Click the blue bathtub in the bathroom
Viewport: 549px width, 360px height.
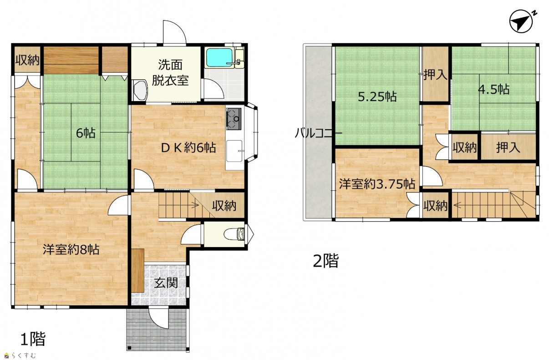coord(219,57)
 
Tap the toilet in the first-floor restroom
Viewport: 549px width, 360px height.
coord(234,234)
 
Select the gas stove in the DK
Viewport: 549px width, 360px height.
coord(234,119)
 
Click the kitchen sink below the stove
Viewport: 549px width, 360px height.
coord(234,151)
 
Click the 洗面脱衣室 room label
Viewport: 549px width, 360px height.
coord(170,72)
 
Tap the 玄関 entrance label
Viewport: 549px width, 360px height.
coord(166,283)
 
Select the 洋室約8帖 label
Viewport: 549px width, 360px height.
coord(71,249)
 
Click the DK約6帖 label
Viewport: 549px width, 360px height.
coord(188,147)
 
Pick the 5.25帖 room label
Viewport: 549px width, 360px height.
coord(377,97)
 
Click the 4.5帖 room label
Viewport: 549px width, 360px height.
coord(494,90)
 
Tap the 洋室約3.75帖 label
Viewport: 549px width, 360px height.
coord(377,184)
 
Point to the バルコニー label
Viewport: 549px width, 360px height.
coord(318,133)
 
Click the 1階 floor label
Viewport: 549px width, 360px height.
coord(33,339)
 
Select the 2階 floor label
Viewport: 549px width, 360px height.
coord(326,260)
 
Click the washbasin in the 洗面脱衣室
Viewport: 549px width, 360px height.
coord(140,90)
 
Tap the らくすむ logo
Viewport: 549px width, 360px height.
coord(20,355)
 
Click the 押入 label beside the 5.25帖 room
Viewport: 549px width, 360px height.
coord(435,75)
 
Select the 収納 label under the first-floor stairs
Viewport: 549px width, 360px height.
coord(224,206)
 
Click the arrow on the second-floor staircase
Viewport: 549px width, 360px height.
coord(457,205)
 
